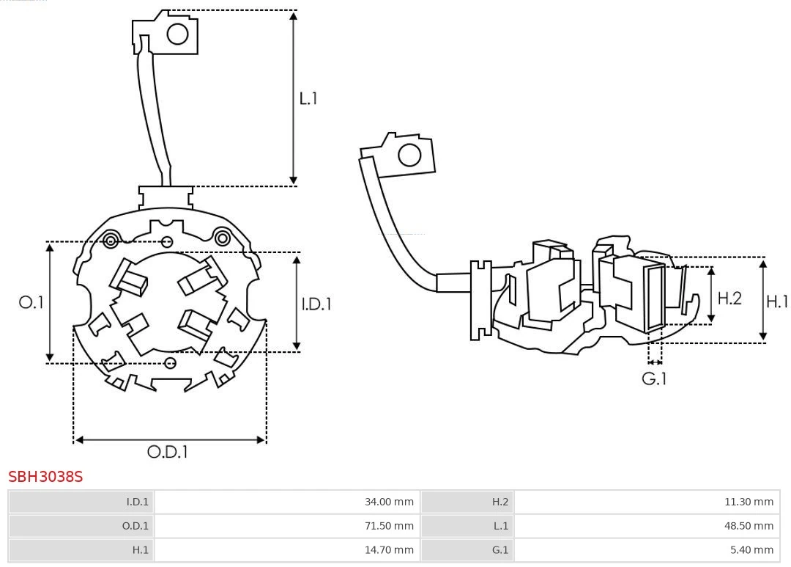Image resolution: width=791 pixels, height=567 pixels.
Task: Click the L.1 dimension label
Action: coord(308,98)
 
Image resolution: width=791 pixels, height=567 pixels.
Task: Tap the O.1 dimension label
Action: coord(31,302)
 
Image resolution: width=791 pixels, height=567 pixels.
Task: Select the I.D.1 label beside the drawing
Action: coord(316,304)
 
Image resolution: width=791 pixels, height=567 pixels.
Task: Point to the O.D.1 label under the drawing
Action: coord(168,453)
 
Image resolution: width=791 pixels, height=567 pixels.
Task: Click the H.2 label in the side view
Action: coord(729,298)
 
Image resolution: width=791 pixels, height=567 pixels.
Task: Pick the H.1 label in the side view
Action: coord(777,301)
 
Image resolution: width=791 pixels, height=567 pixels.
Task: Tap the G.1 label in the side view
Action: coord(654,379)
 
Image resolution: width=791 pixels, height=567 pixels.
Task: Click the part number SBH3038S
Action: coord(45,477)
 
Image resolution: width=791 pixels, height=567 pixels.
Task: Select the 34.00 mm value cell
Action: coord(286,502)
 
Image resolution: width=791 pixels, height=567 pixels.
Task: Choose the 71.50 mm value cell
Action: coord(286,525)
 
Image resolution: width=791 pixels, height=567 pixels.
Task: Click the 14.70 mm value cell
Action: coord(286,549)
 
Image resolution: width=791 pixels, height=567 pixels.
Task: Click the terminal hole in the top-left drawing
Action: coord(178,34)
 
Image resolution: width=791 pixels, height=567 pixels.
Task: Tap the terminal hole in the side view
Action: coord(409,156)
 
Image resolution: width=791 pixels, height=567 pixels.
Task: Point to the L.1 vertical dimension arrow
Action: coord(293,98)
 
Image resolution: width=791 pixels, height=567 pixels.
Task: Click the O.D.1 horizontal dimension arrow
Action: coord(170,440)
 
